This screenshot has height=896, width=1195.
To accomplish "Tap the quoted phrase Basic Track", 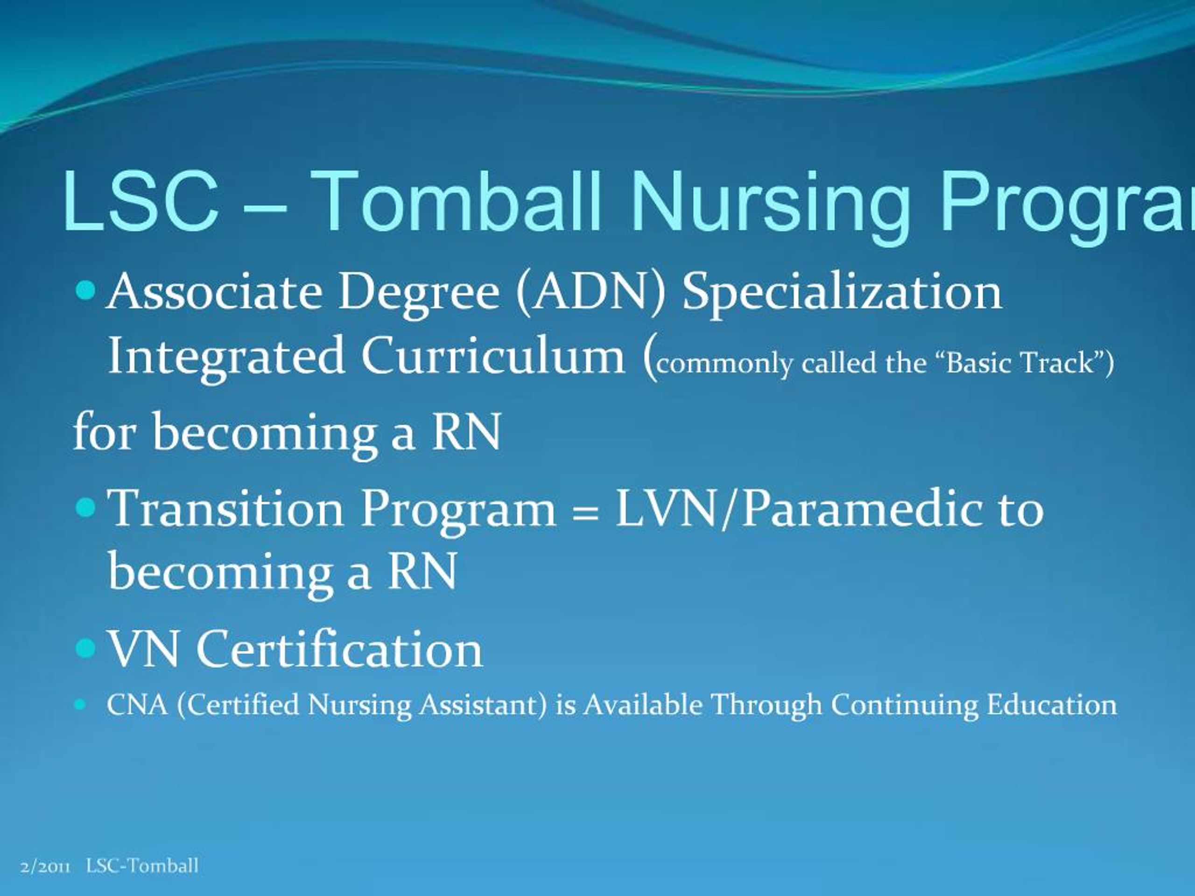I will click(1019, 363).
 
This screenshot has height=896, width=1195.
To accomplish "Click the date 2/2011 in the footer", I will click(45, 866).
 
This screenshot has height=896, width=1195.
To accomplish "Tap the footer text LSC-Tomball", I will click(142, 866).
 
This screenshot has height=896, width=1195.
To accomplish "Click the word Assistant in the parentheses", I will click(482, 705).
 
